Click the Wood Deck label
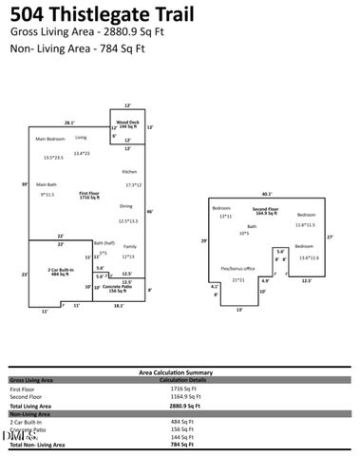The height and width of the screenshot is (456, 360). pos(127,123)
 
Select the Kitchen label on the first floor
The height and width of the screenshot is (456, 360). pos(129,171)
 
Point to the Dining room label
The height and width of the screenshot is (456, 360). pos(126,206)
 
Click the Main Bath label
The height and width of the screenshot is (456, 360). pos(47,184)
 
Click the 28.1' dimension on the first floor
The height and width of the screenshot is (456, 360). pos(69,123)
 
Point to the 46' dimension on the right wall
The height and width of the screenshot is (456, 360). pos(150,211)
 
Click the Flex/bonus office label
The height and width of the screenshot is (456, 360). pos(238,269)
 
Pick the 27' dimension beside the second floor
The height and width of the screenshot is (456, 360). pos(330,237)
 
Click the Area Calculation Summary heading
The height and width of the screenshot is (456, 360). pos(180,372)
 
